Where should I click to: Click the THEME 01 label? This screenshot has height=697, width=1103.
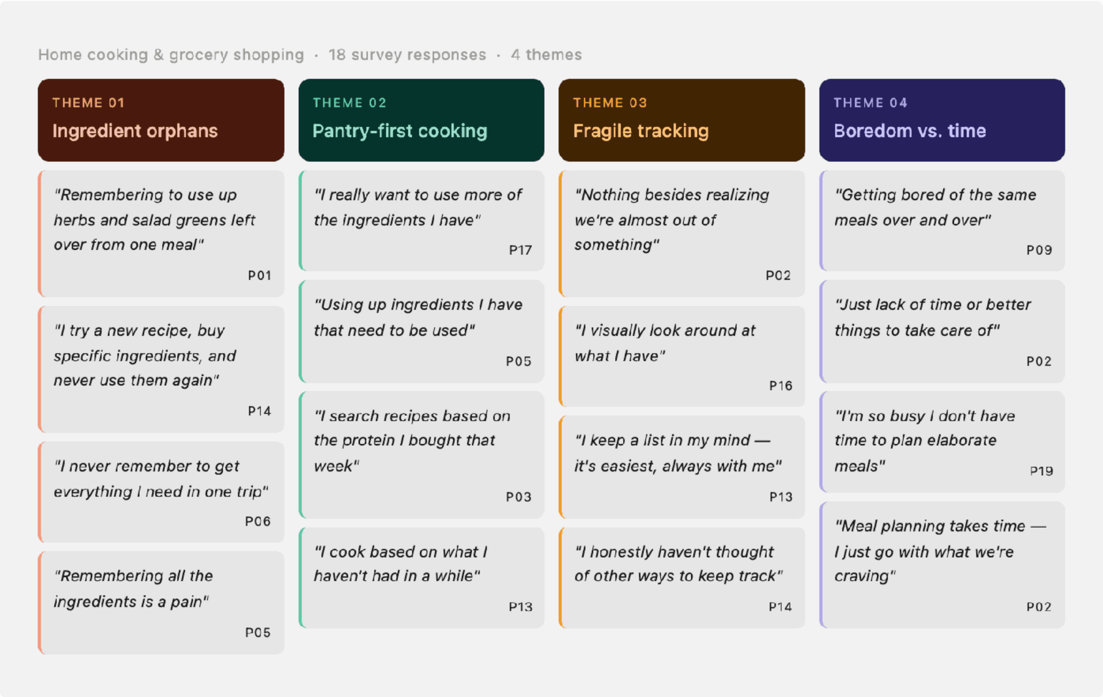88,102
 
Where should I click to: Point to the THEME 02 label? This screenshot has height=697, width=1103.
349,102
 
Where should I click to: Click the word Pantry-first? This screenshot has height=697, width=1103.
362,131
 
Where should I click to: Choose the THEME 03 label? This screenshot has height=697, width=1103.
610,102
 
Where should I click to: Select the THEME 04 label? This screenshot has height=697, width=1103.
870,102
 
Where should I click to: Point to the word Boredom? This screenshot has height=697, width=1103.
866,131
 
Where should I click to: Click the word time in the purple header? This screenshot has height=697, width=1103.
967,131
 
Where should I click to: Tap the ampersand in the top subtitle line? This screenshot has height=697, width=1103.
159,55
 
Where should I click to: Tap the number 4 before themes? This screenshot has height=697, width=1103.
515,55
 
